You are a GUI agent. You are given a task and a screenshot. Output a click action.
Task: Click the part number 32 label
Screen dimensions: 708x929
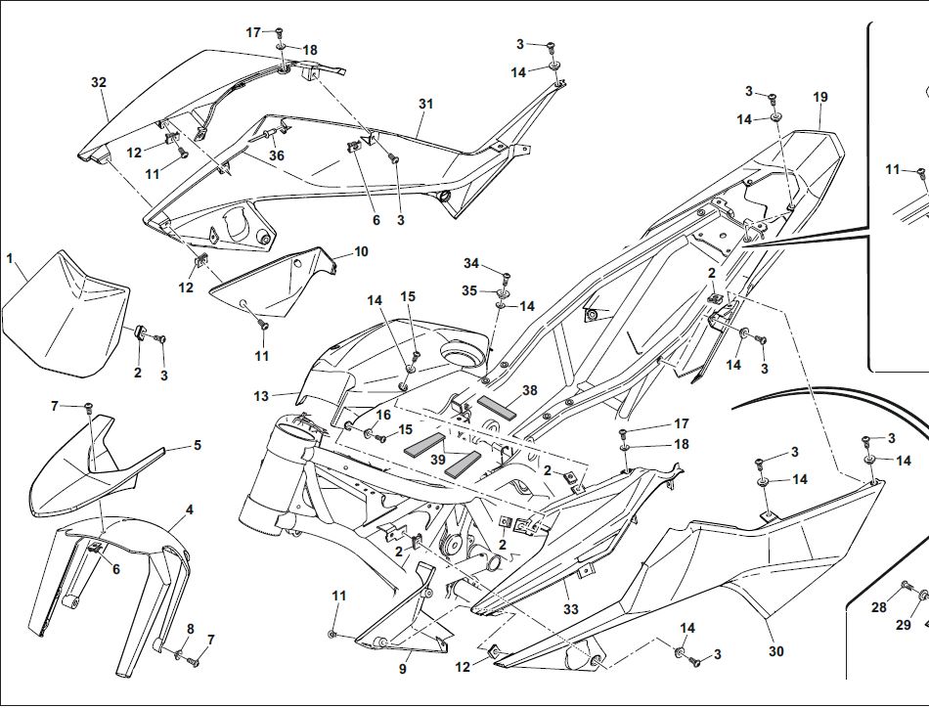click(x=98, y=82)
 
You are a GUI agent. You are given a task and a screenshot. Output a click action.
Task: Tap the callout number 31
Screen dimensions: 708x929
click(x=424, y=104)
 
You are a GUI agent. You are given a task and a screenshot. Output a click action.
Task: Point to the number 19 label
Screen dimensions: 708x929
click(x=819, y=97)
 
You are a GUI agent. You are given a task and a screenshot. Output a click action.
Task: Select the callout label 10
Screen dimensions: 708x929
click(x=361, y=251)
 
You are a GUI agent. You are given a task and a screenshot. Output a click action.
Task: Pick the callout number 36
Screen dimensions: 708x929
click(x=277, y=155)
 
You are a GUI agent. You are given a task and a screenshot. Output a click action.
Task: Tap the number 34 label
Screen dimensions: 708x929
click(x=471, y=264)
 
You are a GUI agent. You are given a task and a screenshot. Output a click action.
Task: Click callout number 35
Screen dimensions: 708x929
click(x=470, y=290)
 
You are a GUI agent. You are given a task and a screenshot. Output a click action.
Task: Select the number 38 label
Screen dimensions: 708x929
click(x=529, y=389)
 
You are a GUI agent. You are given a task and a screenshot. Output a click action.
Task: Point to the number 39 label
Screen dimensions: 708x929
click(x=438, y=460)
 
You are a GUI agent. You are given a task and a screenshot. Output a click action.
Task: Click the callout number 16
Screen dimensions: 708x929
click(x=382, y=415)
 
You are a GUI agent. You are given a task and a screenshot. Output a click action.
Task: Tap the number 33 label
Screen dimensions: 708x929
click(x=570, y=609)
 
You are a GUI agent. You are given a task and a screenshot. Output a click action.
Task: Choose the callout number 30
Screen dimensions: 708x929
click(x=775, y=651)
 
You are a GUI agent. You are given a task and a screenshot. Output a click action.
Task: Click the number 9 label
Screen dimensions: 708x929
click(x=402, y=669)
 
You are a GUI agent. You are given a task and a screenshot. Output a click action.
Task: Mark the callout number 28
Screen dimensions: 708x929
click(x=879, y=607)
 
